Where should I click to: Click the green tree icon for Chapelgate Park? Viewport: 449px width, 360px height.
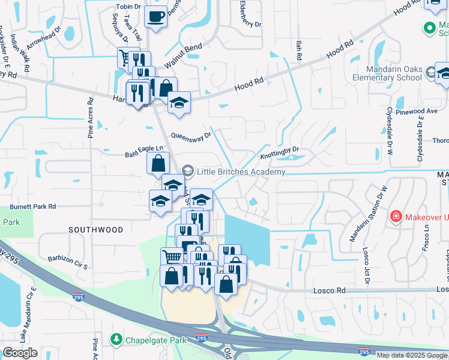116,340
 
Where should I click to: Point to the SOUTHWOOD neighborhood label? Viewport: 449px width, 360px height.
95,230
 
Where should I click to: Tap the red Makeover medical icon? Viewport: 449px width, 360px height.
396,216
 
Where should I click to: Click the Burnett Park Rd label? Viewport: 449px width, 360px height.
32,206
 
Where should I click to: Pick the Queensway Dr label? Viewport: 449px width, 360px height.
191,136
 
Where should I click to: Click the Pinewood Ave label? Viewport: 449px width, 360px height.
420,111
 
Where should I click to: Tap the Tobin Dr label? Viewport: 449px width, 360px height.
128,7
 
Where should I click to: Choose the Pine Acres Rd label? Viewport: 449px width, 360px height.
91,118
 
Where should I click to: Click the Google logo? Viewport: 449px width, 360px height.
20,353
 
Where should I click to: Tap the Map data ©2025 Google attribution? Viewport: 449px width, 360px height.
412,355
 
